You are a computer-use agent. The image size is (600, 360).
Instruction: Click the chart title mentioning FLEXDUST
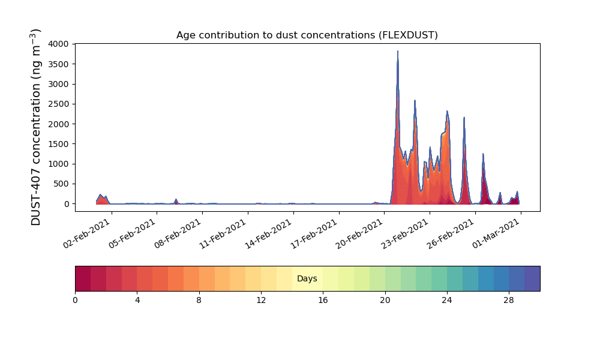(x=307, y=35)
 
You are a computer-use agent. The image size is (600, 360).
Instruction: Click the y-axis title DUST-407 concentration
(x=35, y=127)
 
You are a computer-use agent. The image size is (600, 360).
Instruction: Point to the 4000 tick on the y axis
(x=59, y=44)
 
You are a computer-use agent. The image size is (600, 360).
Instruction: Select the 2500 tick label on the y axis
(x=59, y=104)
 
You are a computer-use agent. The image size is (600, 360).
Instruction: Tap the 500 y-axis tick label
(x=61, y=184)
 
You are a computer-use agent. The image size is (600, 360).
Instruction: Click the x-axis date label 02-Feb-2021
(x=87, y=234)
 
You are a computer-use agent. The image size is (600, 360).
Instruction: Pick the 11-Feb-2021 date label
(x=223, y=234)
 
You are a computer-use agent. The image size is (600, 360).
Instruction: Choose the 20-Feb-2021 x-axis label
(x=359, y=234)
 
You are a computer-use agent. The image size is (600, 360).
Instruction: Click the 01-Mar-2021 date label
(x=496, y=234)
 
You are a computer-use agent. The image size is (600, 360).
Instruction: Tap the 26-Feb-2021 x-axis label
(x=451, y=234)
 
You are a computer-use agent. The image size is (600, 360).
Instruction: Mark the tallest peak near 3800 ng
(x=398, y=51)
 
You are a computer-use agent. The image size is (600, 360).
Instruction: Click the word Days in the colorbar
(x=307, y=278)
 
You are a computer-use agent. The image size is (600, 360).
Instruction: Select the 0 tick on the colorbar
(x=76, y=301)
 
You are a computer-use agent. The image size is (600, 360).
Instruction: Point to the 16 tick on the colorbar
(x=323, y=301)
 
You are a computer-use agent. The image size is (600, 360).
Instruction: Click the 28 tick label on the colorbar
(x=509, y=301)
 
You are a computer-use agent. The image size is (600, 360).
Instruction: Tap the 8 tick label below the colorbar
(x=199, y=301)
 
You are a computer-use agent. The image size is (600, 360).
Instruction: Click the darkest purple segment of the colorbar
(x=532, y=278)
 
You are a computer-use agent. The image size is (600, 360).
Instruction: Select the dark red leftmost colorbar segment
(x=83, y=278)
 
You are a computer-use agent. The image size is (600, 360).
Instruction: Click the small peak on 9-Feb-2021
(x=176, y=200)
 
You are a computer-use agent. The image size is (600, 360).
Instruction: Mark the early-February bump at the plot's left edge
(x=101, y=195)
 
